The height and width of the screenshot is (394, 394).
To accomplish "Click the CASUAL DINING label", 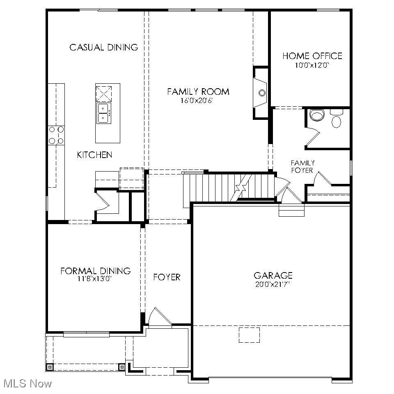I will pyautogui.click(x=103, y=47).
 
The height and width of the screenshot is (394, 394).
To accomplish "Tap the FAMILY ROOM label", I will pyautogui.click(x=198, y=92).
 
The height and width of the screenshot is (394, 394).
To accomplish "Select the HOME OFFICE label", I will pyautogui.click(x=312, y=56).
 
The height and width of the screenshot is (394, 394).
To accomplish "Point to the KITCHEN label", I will pyautogui.click(x=94, y=155).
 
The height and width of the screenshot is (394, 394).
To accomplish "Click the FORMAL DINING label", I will pyautogui.click(x=95, y=271).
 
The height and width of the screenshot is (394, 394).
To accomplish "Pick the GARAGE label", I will pyautogui.click(x=273, y=275).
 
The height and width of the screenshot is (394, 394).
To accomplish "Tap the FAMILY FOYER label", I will pyautogui.click(x=302, y=167).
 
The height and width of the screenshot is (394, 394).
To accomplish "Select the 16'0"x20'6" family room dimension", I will pyautogui.click(x=198, y=100).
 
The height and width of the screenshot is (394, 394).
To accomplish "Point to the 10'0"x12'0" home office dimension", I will pyautogui.click(x=312, y=65).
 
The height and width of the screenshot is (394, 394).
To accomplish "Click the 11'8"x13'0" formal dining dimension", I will pyautogui.click(x=94, y=279).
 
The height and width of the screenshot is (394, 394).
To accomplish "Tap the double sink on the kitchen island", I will pyautogui.click(x=103, y=113).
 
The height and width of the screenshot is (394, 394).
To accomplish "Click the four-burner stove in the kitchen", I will pyautogui.click(x=57, y=135).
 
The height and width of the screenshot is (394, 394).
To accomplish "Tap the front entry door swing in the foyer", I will pyautogui.click(x=158, y=317).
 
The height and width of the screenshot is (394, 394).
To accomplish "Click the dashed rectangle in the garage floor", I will pyautogui.click(x=249, y=335).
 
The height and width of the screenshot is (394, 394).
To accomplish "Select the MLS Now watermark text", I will pyautogui.click(x=28, y=384).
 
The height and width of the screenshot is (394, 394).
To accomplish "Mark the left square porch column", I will pyautogui.click(x=50, y=367).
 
